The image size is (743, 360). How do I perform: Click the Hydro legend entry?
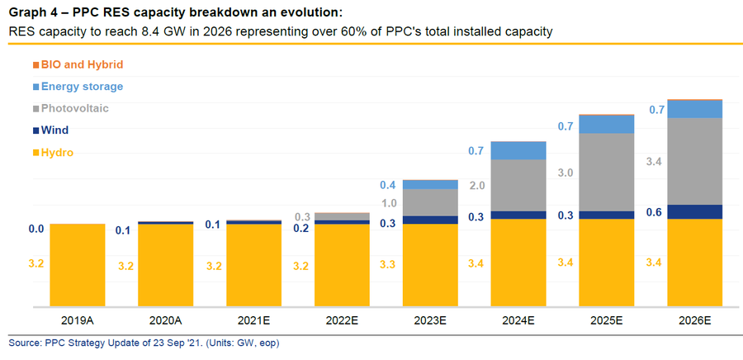(x=55, y=153)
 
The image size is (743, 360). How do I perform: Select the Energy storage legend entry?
(x=80, y=86)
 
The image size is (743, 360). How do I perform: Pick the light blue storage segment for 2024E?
(x=518, y=150)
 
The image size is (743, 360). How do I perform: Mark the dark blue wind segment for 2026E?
(x=694, y=211)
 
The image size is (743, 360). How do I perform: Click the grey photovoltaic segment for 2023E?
(x=431, y=202)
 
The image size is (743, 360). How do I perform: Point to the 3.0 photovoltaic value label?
(x=566, y=173)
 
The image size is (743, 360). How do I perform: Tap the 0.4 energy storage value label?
(x=388, y=185)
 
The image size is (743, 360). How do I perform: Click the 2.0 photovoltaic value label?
(x=477, y=186)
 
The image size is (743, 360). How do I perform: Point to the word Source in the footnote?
(x=24, y=342)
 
